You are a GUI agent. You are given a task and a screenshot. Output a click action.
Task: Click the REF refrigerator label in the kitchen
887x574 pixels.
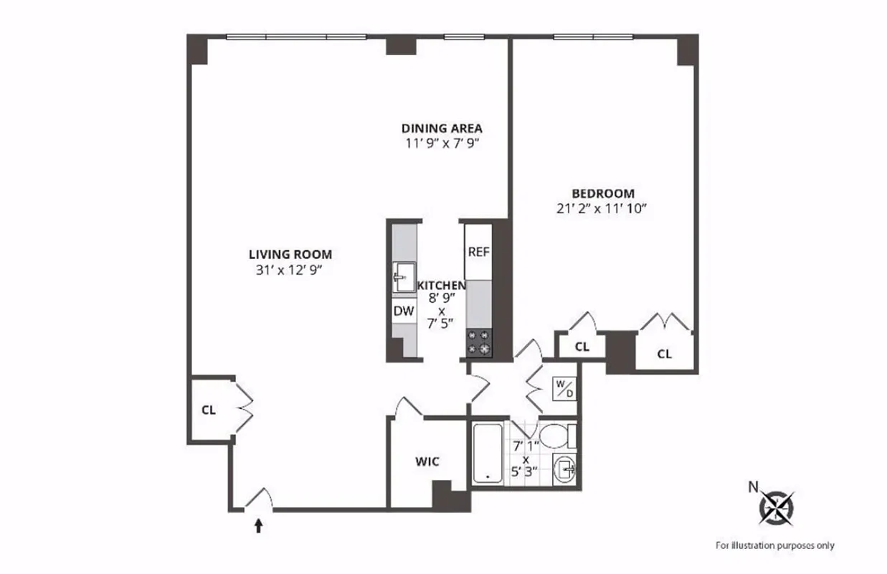click(478, 252)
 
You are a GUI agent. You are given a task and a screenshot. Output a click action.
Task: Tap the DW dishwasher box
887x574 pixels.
click(403, 311)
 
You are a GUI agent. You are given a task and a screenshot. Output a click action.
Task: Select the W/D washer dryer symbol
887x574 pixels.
click(564, 388)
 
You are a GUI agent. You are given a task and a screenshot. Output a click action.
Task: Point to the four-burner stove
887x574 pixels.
click(479, 342)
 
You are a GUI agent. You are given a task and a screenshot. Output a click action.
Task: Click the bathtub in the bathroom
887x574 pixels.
click(488, 453)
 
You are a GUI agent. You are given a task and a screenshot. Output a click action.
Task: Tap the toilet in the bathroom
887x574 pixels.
click(557, 435)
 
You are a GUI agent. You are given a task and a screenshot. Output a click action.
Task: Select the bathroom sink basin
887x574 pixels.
click(566, 470)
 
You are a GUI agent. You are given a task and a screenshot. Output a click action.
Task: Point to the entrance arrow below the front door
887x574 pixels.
click(259, 527)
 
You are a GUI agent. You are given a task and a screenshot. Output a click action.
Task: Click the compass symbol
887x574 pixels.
click(777, 507)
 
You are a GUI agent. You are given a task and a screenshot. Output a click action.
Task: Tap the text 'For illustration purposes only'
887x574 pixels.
click(775, 545)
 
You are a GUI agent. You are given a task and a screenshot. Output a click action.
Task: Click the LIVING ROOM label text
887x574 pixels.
click(290, 254)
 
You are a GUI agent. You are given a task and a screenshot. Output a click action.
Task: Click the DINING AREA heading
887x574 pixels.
click(441, 128)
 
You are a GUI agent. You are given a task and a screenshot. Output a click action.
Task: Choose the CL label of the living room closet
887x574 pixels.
click(209, 410)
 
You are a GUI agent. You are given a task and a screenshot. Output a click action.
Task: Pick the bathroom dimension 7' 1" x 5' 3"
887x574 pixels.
click(526, 459)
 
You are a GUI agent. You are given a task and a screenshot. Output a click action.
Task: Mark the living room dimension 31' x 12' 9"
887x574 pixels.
click(290, 270)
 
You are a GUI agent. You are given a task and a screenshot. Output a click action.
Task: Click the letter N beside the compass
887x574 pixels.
click(753, 486)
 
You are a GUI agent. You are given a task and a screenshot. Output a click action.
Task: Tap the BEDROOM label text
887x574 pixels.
click(602, 193)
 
